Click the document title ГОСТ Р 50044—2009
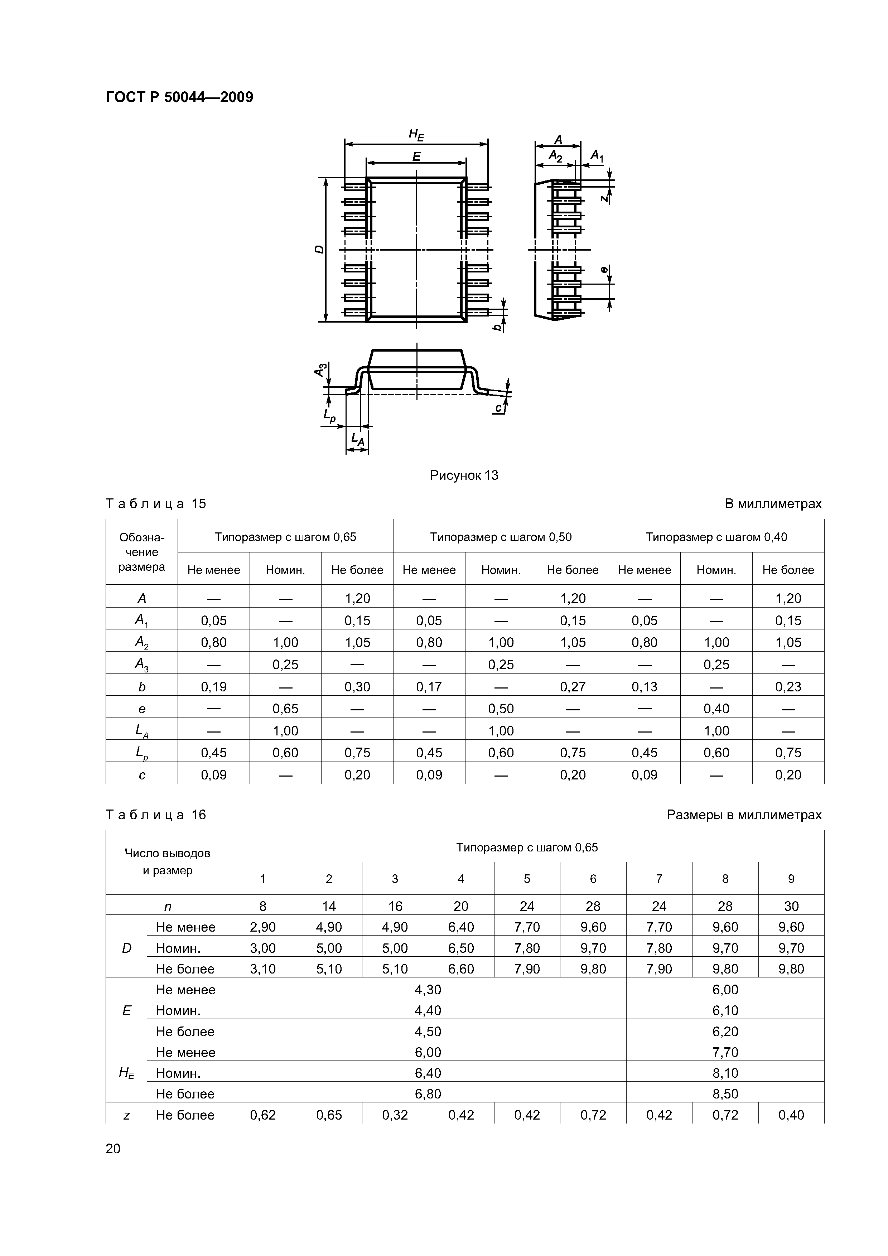[x=179, y=97]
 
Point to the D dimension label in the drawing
[x=319, y=249]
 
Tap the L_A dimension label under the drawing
[x=357, y=438]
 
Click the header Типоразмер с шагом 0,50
[x=500, y=537]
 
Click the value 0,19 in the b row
[x=213, y=686]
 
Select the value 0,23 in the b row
[x=788, y=686]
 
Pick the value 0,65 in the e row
[x=285, y=709]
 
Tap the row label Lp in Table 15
[x=142, y=753]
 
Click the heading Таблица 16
[x=155, y=815]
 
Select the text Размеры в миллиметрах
[x=744, y=815]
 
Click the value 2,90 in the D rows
[x=262, y=927]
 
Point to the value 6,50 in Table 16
[x=461, y=947]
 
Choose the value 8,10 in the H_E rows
[x=725, y=1073]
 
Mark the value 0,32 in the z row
[x=395, y=1115]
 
